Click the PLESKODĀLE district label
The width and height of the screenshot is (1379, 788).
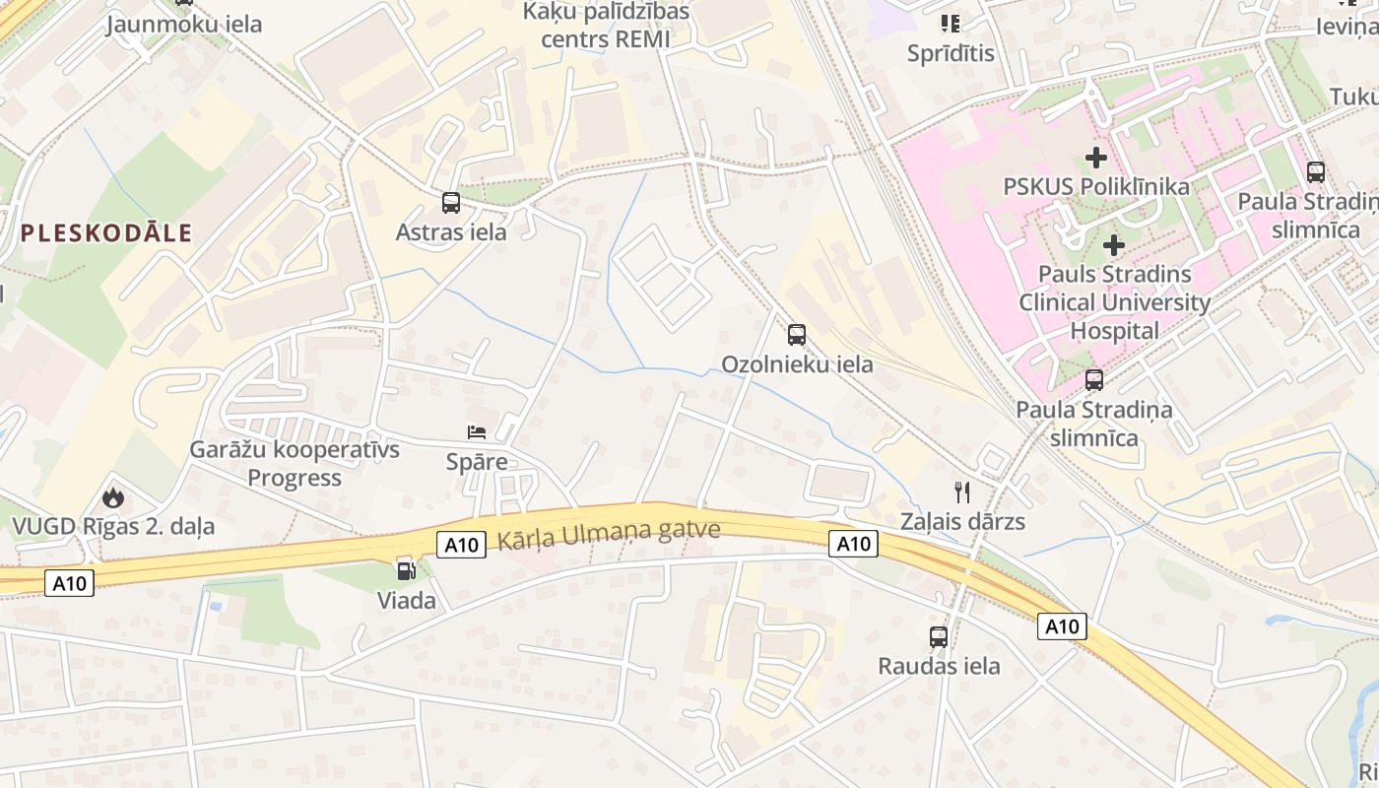[x=106, y=233]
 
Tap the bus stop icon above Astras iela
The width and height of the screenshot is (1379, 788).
[x=451, y=203]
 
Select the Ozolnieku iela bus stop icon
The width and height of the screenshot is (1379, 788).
[x=797, y=335]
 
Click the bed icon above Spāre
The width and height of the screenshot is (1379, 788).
[x=477, y=432]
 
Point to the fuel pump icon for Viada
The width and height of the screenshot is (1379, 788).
[x=406, y=570]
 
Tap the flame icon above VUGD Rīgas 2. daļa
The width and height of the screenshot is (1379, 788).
[x=113, y=497]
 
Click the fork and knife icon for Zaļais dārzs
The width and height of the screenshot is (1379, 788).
[x=962, y=492]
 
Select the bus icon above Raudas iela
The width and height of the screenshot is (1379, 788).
[x=939, y=637]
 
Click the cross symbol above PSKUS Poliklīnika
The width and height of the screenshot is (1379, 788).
[x=1095, y=158]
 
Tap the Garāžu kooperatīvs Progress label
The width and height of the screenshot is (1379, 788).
[x=295, y=464]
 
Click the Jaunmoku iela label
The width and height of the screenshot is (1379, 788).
[x=184, y=24]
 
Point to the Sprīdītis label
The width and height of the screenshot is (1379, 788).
[x=951, y=53]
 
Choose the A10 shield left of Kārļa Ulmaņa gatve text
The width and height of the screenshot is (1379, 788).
[x=461, y=544]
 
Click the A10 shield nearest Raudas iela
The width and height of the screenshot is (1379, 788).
[x=1061, y=625]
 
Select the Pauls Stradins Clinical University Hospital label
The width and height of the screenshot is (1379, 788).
[x=1114, y=302]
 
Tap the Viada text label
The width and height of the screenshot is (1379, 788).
[x=406, y=600]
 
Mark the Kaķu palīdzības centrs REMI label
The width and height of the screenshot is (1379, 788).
[x=606, y=26]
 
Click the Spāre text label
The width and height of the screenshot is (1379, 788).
[x=477, y=462]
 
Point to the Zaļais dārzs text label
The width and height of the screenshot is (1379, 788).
[x=962, y=522]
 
